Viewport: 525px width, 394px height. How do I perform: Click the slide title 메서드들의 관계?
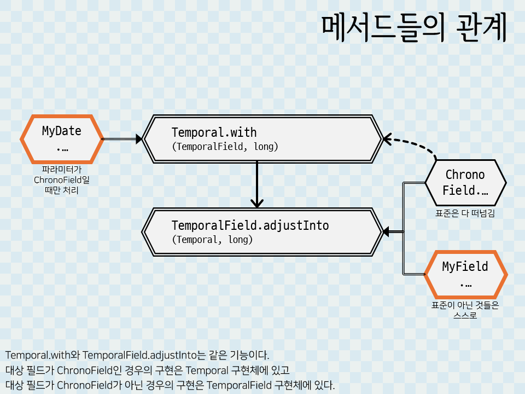[413, 28]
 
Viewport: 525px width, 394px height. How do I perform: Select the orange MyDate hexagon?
[62, 139]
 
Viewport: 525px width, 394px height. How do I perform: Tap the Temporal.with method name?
[214, 132]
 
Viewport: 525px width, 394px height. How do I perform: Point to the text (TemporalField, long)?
[225, 147]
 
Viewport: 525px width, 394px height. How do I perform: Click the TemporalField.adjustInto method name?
[250, 225]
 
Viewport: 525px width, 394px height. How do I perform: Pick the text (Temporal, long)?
[212, 240]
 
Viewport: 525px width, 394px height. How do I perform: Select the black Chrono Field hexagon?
[465, 183]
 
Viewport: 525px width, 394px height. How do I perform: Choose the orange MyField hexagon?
[465, 274]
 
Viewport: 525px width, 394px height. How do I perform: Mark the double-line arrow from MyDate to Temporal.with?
[121, 139]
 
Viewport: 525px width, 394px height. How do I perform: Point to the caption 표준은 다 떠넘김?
[465, 213]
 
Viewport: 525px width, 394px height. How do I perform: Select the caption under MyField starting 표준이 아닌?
[465, 310]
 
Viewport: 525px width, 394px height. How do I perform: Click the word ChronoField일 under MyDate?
[62, 180]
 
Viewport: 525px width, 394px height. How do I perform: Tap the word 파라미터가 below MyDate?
[62, 170]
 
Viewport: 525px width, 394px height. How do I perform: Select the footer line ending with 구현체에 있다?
[170, 385]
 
